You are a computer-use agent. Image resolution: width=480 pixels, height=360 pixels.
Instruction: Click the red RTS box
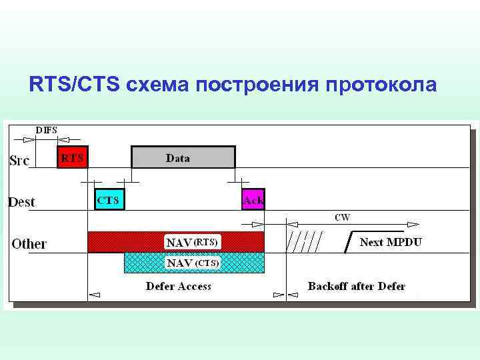[72, 157]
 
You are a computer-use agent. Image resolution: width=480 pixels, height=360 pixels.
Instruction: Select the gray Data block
[183, 157]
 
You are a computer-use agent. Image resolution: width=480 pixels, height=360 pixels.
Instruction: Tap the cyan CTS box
[109, 199]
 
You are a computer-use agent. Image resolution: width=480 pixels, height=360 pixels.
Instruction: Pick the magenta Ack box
[253, 199]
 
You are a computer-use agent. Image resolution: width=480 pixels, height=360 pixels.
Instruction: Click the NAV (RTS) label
[193, 241]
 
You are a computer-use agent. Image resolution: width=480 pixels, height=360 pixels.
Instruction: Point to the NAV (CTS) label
[193, 263]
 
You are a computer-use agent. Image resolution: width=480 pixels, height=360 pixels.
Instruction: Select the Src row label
[19, 161]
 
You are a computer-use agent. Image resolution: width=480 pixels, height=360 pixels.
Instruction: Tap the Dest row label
[21, 201]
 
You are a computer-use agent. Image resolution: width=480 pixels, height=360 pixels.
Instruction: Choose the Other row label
[29, 243]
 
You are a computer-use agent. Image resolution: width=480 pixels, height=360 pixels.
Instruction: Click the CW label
[343, 217]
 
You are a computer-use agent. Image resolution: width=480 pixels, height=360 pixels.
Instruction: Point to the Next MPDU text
[391, 241]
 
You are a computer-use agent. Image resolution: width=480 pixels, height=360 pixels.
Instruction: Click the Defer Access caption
[179, 286]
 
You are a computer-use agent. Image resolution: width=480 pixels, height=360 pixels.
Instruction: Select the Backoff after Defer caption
[357, 286]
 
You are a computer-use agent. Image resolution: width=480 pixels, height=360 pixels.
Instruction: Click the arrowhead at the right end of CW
[413, 225]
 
